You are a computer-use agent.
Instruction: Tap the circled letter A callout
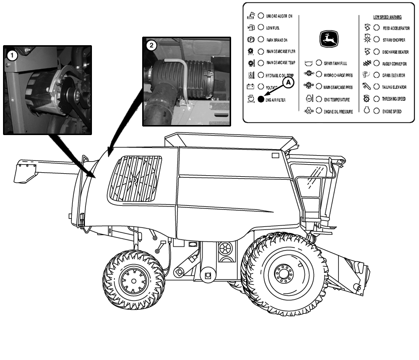point(287,80)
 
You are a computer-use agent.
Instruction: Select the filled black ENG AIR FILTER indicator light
point(261,99)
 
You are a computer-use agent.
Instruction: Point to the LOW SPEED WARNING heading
point(387,17)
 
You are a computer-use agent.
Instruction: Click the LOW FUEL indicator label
point(273,28)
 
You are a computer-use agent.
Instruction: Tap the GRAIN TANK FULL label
point(335,63)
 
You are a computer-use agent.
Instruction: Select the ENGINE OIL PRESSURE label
point(338,111)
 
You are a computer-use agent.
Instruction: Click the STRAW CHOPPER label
point(394,40)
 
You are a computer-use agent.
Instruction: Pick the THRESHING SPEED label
point(394,99)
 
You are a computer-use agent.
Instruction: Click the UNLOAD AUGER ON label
point(279,16)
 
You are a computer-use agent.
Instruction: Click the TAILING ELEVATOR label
point(393,87)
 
